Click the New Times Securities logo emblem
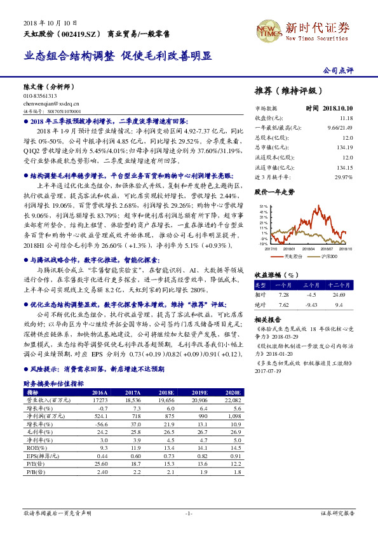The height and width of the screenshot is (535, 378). (x=268, y=29)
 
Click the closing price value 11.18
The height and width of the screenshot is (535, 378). (x=346, y=118)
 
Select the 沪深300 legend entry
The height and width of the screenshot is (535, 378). (x=328, y=257)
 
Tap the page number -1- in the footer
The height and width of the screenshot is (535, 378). (x=189, y=513)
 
